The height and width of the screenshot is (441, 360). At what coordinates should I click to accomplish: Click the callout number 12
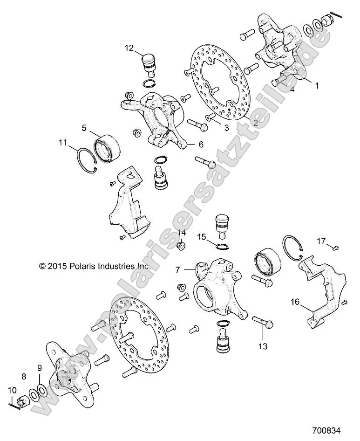(x=129, y=47)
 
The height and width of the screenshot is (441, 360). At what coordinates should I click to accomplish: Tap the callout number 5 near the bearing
(x=84, y=127)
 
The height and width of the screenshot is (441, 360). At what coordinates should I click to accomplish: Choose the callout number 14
(x=181, y=232)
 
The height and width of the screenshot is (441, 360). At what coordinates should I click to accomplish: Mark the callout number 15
(x=201, y=237)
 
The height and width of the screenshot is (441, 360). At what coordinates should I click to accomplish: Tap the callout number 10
(x=11, y=389)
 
